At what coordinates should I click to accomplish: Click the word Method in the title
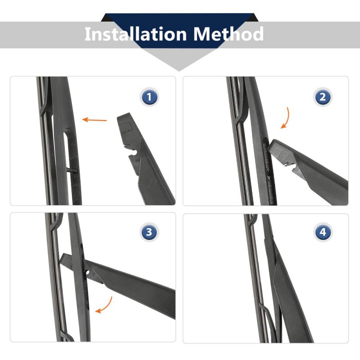[228, 34]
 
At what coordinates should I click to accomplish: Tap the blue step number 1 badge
[149, 97]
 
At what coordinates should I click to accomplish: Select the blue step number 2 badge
[323, 97]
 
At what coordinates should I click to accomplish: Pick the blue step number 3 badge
[149, 232]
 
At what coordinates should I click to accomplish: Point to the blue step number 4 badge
[323, 232]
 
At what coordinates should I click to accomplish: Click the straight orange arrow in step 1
[94, 120]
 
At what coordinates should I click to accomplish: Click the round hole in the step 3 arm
[87, 273]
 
